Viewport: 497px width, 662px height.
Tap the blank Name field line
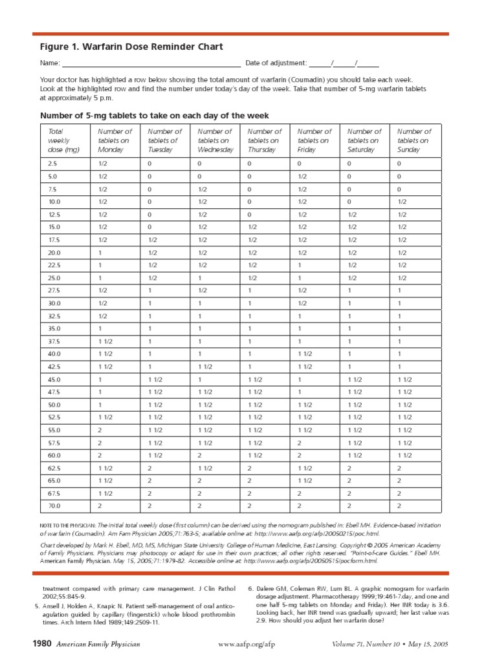point(151,64)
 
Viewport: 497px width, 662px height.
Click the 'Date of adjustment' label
point(276,63)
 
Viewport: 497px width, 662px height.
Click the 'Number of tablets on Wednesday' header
point(215,140)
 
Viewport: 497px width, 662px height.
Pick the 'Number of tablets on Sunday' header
point(414,140)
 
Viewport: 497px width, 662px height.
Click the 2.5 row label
point(53,164)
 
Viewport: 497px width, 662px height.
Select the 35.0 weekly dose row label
point(54,328)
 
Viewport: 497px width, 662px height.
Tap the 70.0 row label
point(54,506)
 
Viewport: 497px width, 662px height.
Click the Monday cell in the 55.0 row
point(100,430)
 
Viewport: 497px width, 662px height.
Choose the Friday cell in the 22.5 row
point(300,265)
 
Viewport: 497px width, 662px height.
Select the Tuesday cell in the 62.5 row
point(150,468)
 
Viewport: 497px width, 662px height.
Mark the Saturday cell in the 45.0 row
point(355,379)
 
